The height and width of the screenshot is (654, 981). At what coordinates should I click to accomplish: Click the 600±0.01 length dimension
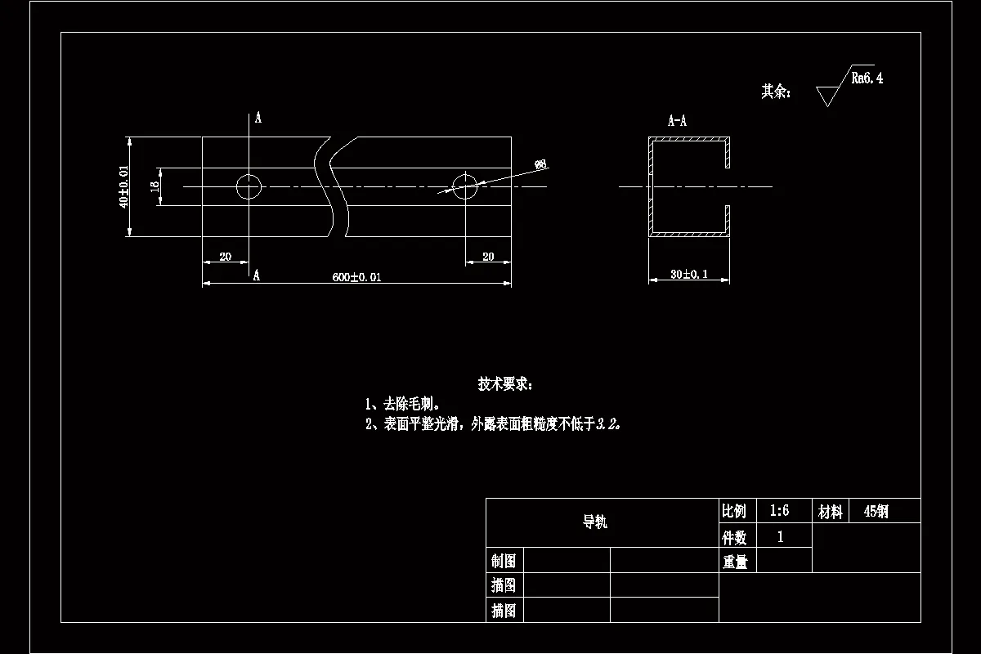click(356, 277)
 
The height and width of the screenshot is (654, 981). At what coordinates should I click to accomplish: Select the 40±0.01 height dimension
click(123, 187)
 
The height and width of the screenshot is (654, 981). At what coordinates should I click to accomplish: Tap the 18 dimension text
click(154, 187)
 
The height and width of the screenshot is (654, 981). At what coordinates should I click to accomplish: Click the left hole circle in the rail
click(249, 186)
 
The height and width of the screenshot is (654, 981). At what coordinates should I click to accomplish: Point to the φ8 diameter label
click(540, 164)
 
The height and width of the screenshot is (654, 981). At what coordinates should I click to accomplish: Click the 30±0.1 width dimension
click(689, 275)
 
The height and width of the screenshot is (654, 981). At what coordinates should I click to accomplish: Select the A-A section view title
click(677, 121)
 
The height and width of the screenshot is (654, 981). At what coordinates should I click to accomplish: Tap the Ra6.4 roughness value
click(867, 78)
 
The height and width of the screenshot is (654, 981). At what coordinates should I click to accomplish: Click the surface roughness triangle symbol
click(828, 95)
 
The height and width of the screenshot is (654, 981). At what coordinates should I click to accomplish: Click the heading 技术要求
click(505, 383)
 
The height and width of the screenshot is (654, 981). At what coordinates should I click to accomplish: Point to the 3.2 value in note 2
click(608, 424)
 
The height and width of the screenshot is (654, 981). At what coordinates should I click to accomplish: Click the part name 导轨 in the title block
click(595, 522)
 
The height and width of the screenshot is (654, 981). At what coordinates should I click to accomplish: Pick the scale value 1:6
click(779, 511)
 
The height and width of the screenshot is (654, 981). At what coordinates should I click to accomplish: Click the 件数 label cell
click(734, 537)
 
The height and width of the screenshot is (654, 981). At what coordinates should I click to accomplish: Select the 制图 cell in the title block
click(504, 561)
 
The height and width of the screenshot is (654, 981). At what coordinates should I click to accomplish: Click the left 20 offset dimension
click(226, 257)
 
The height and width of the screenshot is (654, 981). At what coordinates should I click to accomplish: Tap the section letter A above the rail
click(258, 119)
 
